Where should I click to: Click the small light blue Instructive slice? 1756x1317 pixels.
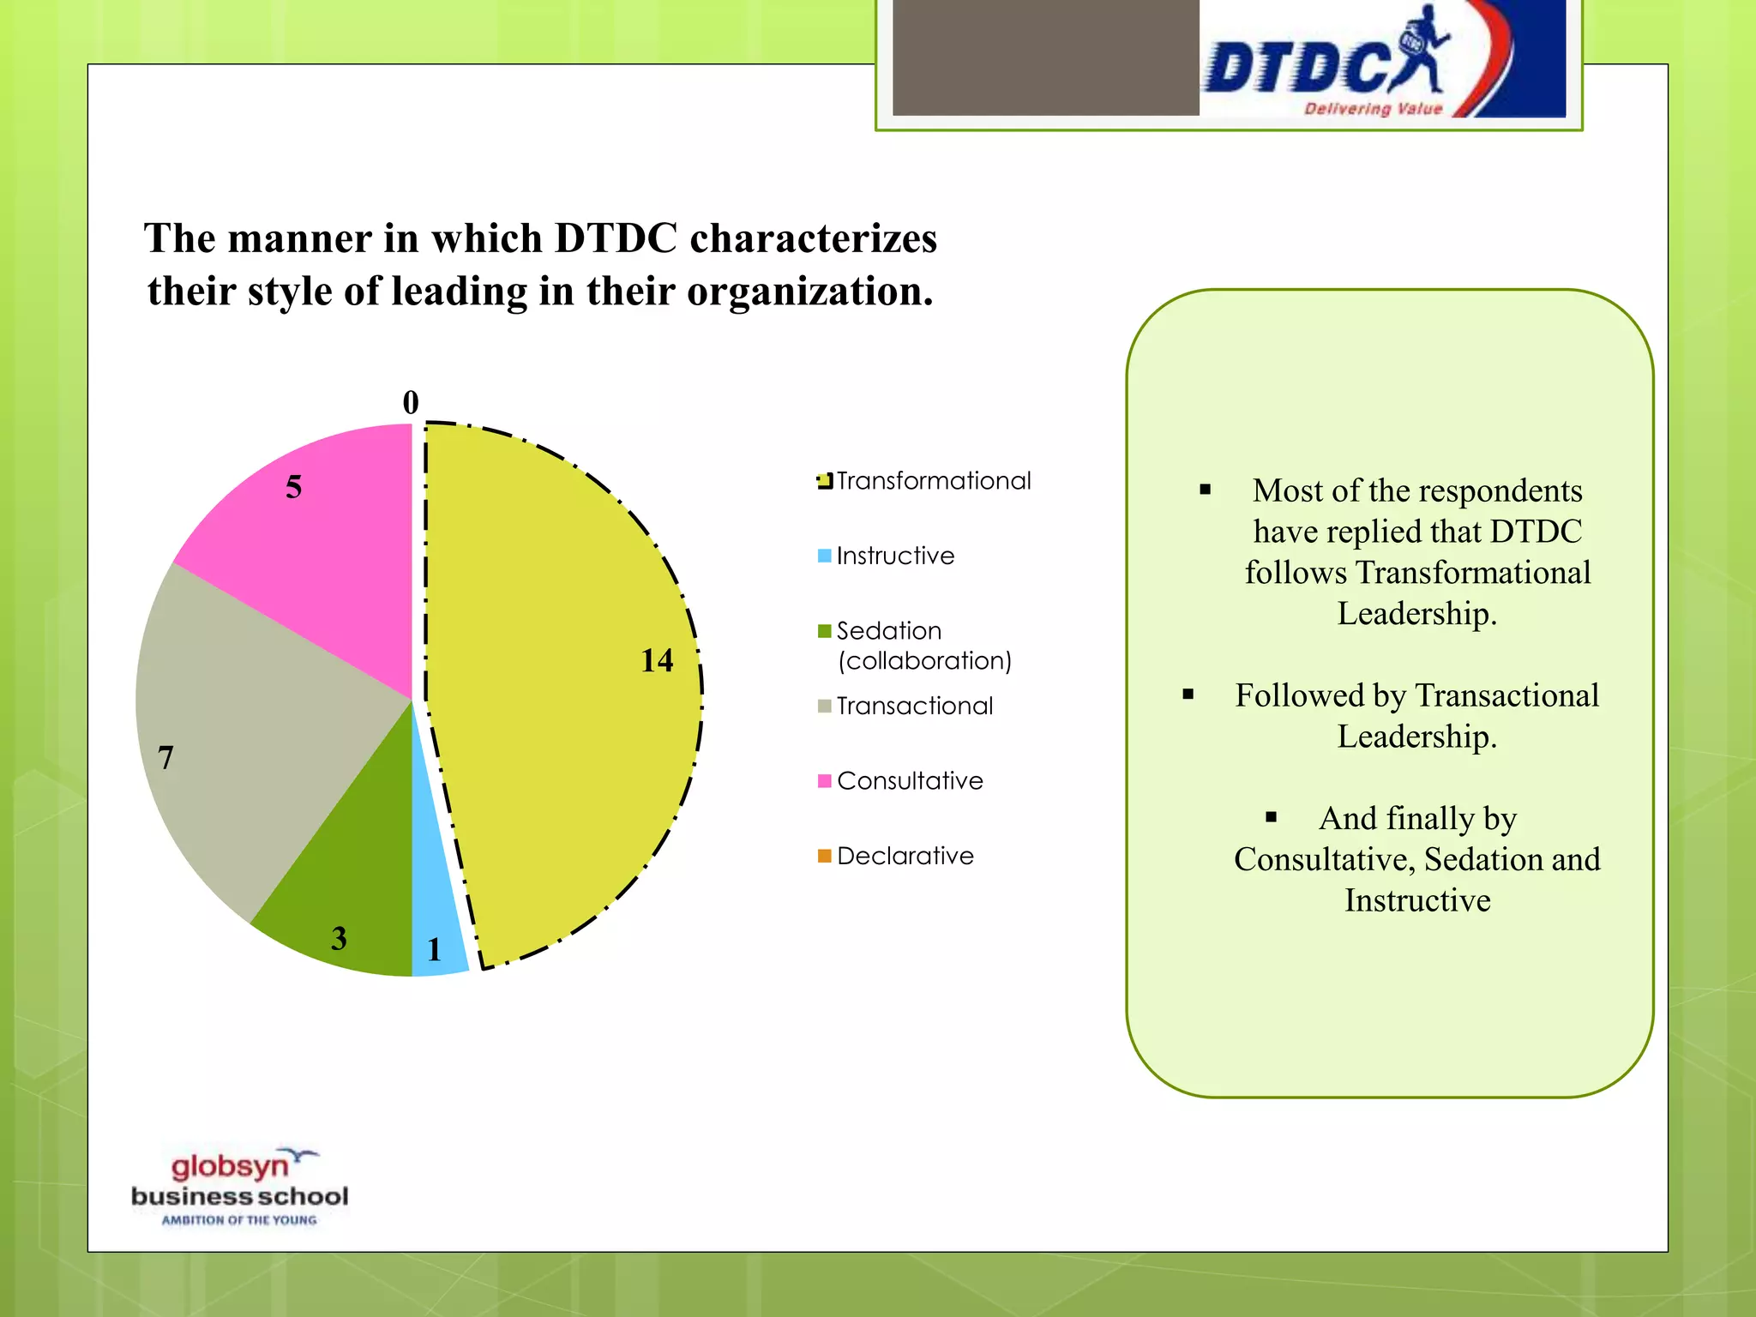(x=436, y=926)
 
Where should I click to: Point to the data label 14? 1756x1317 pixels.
(x=657, y=660)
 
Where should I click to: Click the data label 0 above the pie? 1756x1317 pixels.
(x=411, y=402)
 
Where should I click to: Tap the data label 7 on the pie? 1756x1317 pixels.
(x=165, y=757)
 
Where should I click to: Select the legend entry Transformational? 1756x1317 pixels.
(x=933, y=481)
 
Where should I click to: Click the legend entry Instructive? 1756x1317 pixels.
(x=895, y=556)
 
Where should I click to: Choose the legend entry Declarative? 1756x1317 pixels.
(x=905, y=856)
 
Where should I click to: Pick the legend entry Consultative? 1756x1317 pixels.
(x=910, y=781)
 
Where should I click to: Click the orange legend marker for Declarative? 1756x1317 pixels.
(x=825, y=856)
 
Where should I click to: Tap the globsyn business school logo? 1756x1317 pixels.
(x=239, y=1188)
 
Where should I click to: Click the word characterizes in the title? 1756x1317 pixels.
(x=813, y=238)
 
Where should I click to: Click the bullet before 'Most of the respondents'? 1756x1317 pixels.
(x=1206, y=490)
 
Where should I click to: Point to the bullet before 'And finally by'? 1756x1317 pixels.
(x=1272, y=817)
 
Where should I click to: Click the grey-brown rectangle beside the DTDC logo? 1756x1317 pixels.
(x=1045, y=57)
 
